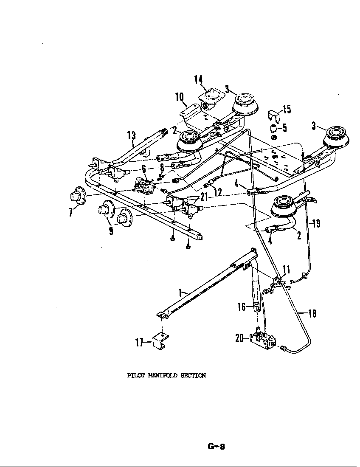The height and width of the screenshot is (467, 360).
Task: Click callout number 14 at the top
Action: (x=198, y=79)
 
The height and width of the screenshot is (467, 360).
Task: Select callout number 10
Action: (x=179, y=97)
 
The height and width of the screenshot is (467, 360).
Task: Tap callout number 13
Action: (x=132, y=135)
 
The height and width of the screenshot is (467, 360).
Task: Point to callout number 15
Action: (x=287, y=109)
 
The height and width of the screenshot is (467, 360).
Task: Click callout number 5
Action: (x=285, y=128)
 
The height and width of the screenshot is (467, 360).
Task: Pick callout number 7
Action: (x=70, y=212)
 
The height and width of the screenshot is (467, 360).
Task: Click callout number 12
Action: (x=218, y=192)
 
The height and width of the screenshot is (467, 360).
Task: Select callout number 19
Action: (x=316, y=224)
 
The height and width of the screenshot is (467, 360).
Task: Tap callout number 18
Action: (x=312, y=314)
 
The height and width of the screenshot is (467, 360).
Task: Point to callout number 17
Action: (x=139, y=342)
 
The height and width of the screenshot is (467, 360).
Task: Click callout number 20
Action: (x=239, y=338)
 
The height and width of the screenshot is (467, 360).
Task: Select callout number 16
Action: (x=241, y=307)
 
